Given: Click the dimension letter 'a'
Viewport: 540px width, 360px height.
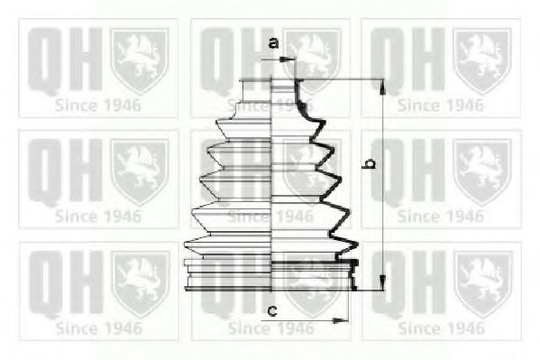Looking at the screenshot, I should [x=272, y=42].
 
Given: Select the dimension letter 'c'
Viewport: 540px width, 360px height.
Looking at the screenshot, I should [x=271, y=311].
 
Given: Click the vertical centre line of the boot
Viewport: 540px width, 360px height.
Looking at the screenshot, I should [x=273, y=180].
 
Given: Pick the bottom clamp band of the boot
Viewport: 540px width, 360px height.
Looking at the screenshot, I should [x=270, y=275].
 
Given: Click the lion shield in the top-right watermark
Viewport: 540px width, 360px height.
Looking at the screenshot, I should [x=482, y=59].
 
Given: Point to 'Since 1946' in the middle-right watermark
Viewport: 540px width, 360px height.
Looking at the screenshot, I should [x=440, y=217].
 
